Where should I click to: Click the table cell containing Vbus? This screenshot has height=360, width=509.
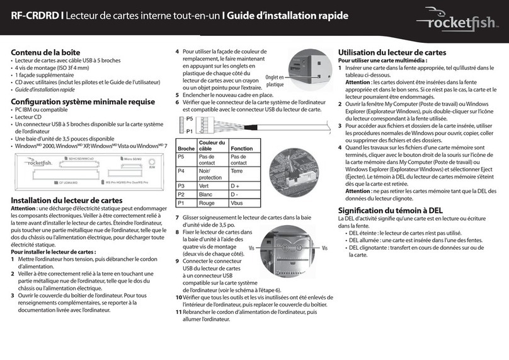coord(237,204)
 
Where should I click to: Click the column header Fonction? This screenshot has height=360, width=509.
coord(241,148)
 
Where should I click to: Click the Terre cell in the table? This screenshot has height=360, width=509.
coord(237,171)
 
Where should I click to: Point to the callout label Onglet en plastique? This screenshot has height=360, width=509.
coord(275,80)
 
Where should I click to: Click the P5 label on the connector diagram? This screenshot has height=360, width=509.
coord(190,119)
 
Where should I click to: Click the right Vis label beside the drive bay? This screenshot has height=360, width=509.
coord(326,248)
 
